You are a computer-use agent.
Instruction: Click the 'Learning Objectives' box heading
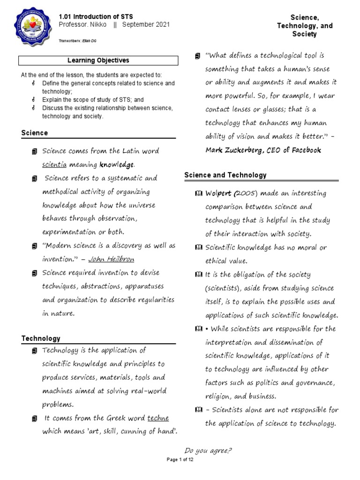point(98,60)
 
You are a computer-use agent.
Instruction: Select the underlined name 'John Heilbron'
point(115,259)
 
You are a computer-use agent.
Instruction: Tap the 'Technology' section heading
point(41,338)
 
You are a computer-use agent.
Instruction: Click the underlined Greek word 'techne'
point(158,418)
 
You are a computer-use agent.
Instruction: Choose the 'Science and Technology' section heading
point(225,175)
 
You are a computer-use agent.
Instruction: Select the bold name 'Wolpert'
point(219,193)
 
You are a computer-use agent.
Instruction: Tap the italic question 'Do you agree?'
point(209,451)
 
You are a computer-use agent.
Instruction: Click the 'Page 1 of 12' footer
point(180,460)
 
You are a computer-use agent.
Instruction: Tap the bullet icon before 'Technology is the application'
point(35,351)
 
